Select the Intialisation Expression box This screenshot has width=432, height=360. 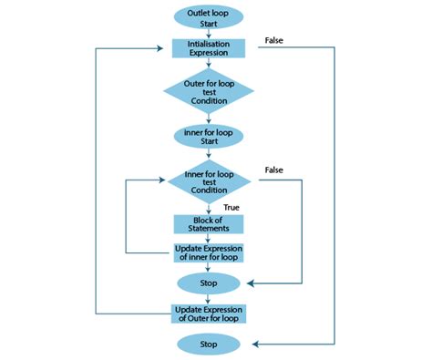[209, 47]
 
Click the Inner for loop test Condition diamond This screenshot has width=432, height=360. [209, 180]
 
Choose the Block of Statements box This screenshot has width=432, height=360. [209, 223]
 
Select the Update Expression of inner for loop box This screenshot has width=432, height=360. [209, 252]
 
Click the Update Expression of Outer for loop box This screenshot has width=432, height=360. [209, 314]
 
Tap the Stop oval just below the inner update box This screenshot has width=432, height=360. [209, 283]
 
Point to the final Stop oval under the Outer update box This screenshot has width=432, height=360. [209, 344]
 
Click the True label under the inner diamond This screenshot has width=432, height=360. [231, 208]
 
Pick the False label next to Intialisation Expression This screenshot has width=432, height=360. [276, 40]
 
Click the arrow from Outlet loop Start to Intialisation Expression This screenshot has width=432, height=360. [209, 33]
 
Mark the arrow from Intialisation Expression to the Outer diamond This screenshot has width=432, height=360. [209, 63]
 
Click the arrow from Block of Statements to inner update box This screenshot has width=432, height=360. [209, 238]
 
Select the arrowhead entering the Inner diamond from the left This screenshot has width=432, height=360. [164, 180]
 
